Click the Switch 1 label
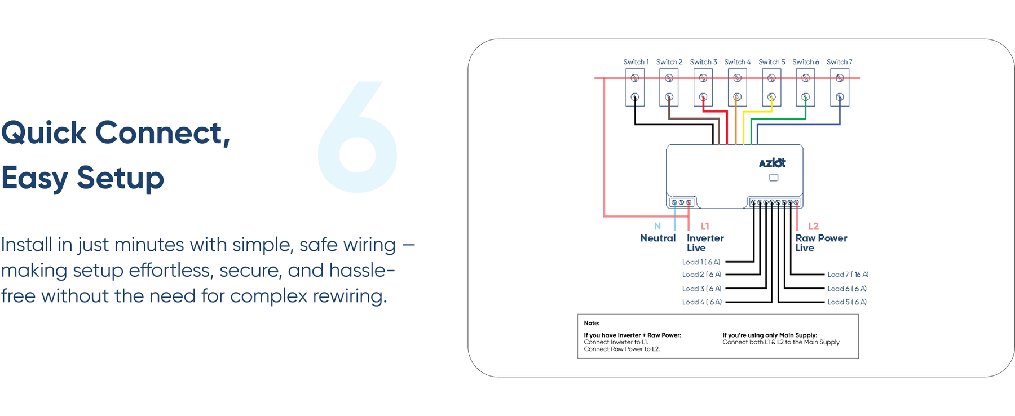coord(636,62)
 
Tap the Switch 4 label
coord(737,62)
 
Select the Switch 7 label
coord(839,62)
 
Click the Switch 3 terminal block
coord(703,87)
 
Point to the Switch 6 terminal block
coord(805,87)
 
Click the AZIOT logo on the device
coord(772,163)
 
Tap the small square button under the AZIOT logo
coord(774,178)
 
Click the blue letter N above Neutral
coord(657,226)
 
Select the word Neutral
coord(657,238)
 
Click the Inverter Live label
coord(705,243)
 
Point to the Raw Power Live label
coord(820,243)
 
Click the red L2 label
coord(813,226)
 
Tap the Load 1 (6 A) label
coord(701,262)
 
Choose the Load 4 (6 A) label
coord(701,302)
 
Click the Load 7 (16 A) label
coord(848,275)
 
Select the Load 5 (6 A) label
coord(846,302)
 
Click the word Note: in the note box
coord(592,323)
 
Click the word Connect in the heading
coord(162,133)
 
